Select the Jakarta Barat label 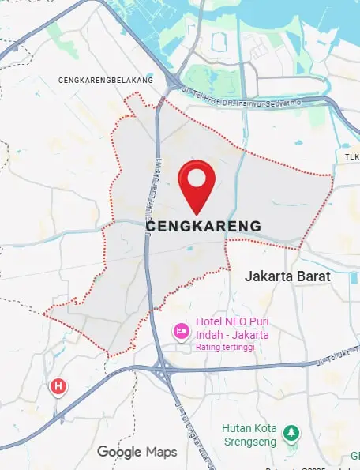pos(287,277)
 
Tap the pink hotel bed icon pos(181,329)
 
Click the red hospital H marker pos(58,386)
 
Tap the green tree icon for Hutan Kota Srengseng pos(292,432)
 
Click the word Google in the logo pos(118,452)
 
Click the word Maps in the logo pos(161,452)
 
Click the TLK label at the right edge pos(351,157)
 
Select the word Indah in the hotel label pos(211,335)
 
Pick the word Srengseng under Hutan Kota pos(250,442)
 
